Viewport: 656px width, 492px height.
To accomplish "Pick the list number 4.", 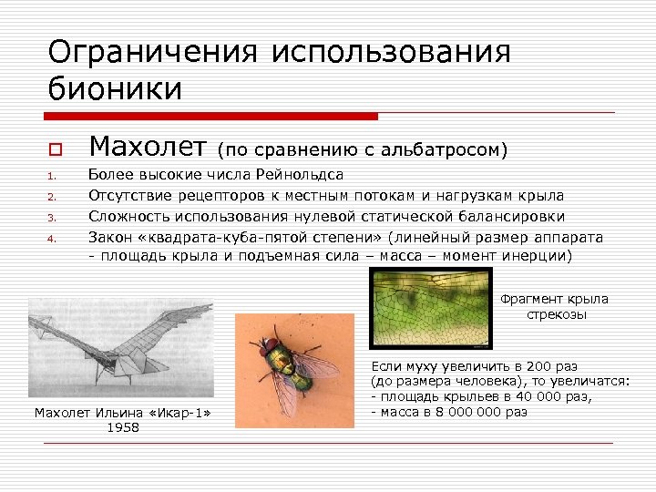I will (x=53, y=239).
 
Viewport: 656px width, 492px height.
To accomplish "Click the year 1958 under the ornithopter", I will (x=123, y=427).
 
